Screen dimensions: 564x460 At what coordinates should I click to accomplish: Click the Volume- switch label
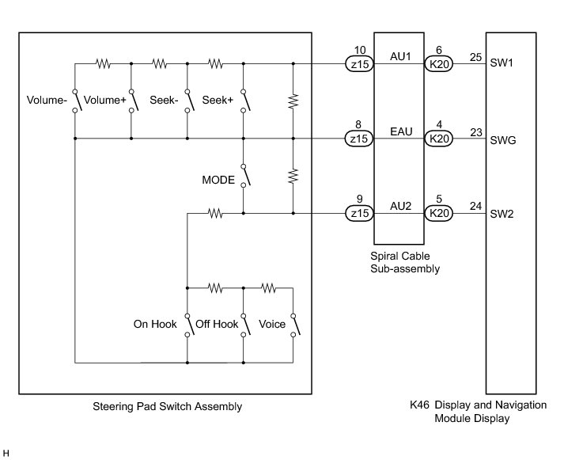(47, 100)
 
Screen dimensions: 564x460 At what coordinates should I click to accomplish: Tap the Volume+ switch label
(104, 100)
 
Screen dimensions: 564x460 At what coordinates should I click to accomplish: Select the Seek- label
(164, 100)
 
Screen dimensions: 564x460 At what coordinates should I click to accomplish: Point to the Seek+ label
(218, 100)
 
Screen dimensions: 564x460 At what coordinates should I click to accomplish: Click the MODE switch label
(218, 180)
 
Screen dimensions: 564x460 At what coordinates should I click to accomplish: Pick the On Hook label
(155, 324)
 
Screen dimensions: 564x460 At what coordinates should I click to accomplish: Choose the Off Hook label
(217, 324)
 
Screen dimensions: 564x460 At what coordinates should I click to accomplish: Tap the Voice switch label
(272, 324)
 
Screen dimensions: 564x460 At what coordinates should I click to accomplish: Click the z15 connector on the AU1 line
(360, 64)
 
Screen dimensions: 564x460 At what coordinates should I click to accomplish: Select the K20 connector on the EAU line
(439, 139)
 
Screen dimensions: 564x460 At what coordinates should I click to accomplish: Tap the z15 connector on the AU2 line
(360, 214)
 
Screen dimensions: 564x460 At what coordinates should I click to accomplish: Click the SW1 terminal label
(502, 63)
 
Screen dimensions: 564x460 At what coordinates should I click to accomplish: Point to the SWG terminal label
(503, 140)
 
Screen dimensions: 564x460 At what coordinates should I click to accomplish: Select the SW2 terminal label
(502, 214)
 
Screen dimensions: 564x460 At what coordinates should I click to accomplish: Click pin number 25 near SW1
(475, 57)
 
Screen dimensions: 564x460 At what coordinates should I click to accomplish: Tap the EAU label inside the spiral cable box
(401, 131)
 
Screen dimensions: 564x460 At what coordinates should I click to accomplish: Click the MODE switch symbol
(245, 176)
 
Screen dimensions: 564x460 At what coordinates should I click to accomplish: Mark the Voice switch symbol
(295, 325)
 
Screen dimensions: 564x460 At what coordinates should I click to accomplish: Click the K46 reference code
(419, 405)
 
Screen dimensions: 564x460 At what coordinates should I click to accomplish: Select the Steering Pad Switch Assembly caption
(167, 406)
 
